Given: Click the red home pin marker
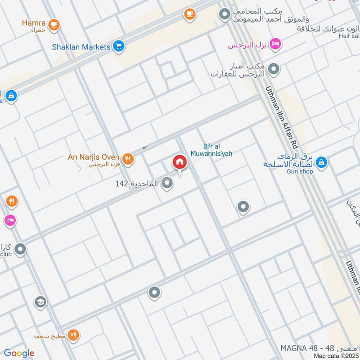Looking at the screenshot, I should (179, 162).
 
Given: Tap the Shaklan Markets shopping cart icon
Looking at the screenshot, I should (119, 46).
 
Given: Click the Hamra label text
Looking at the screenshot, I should (34, 21).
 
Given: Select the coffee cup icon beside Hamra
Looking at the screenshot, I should (54, 24).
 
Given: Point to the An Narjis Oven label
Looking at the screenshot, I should (93, 157).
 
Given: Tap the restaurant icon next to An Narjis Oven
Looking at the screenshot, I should (128, 158).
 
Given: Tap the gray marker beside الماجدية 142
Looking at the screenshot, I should (167, 183).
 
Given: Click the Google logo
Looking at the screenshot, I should (19, 353).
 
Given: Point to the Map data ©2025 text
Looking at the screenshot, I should (335, 356).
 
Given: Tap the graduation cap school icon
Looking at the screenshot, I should (40, 301).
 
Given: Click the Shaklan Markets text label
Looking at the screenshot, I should (87, 47).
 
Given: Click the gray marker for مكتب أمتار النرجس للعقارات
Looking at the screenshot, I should (274, 69).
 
